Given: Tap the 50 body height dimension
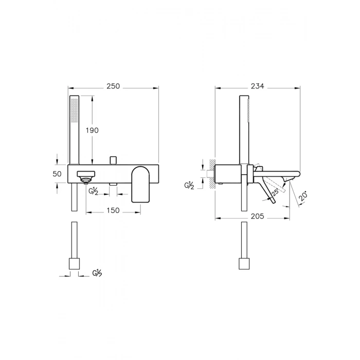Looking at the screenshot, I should coord(57,174).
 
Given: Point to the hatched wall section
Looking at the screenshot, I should coord(211,175).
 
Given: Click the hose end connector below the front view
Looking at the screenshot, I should coord(74,264).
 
